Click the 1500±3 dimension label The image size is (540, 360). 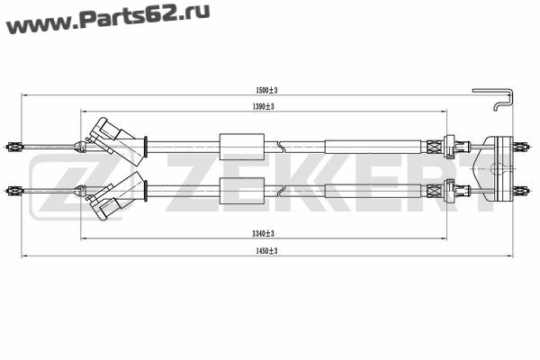tap(266, 90)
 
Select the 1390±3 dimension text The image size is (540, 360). tap(264, 106)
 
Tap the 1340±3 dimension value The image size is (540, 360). tap(264, 234)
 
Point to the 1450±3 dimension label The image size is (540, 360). tap(266, 251)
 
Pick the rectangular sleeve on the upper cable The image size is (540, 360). tap(242, 147)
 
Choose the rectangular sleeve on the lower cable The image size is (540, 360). tap(242, 191)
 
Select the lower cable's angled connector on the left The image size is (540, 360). tap(115, 196)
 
